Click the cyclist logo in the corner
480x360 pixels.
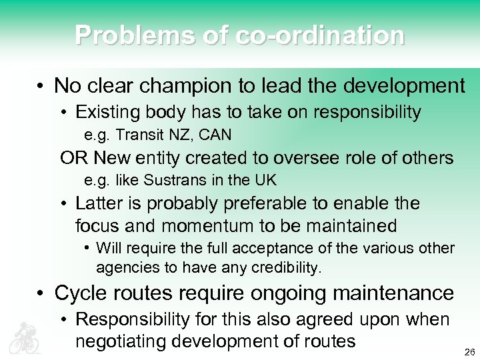[25, 337]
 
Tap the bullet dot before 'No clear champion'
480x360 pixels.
[41, 87]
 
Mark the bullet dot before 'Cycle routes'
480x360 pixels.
[41, 293]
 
